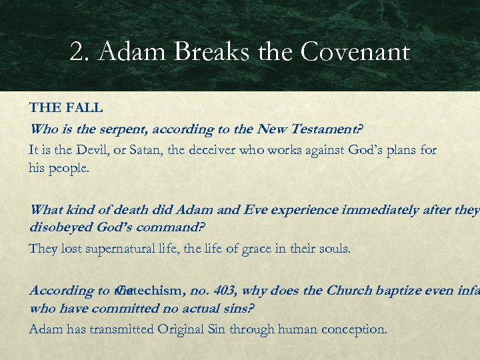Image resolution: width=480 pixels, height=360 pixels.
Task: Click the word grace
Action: click(x=249, y=249)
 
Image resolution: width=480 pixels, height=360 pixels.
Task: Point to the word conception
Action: click(x=357, y=329)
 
